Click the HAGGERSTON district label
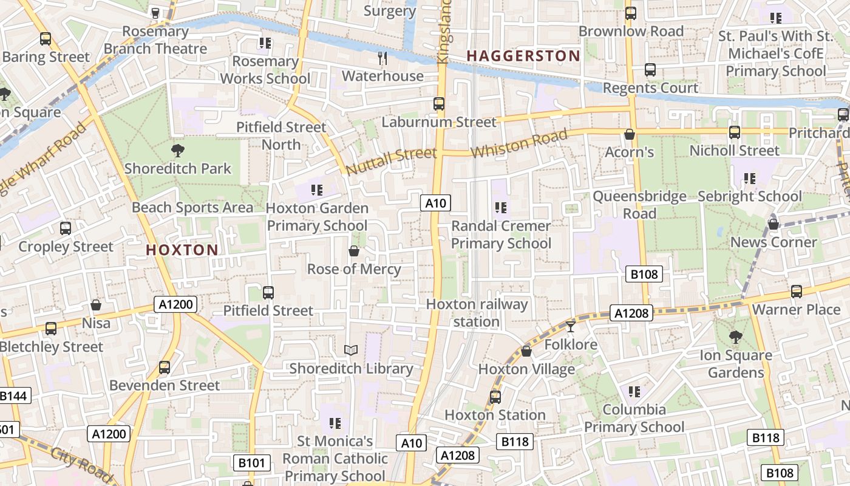click(523, 56)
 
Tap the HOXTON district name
click(182, 250)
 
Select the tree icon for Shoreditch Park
click(178, 150)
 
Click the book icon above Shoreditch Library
click(351, 350)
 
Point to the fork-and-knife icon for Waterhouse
click(382, 58)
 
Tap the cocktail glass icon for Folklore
click(570, 327)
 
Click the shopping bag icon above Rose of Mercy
click(354, 251)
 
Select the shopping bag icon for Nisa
click(96, 304)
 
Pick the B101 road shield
click(251, 464)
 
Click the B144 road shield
click(13, 396)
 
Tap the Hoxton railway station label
click(477, 313)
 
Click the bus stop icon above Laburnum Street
click(439, 104)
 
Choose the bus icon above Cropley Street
click(66, 228)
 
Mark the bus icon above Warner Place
click(797, 292)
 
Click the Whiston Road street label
click(519, 145)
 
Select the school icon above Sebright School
click(750, 179)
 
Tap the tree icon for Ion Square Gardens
click(735, 337)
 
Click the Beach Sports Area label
click(192, 208)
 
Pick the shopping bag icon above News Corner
click(773, 224)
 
